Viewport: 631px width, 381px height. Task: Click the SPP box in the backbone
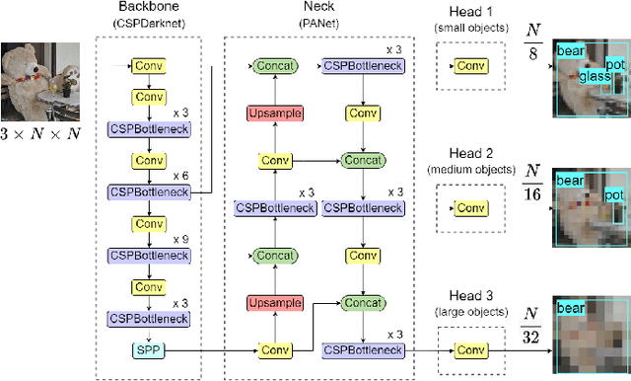pyautogui.click(x=147, y=349)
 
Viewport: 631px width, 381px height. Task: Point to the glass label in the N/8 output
pyautogui.click(x=595, y=75)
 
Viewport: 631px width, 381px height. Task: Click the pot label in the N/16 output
pyautogui.click(x=613, y=194)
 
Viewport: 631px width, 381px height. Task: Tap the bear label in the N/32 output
pyautogui.click(x=570, y=309)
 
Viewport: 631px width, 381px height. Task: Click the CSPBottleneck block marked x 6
pyautogui.click(x=147, y=191)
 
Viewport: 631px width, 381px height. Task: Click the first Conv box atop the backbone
pyautogui.click(x=147, y=66)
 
